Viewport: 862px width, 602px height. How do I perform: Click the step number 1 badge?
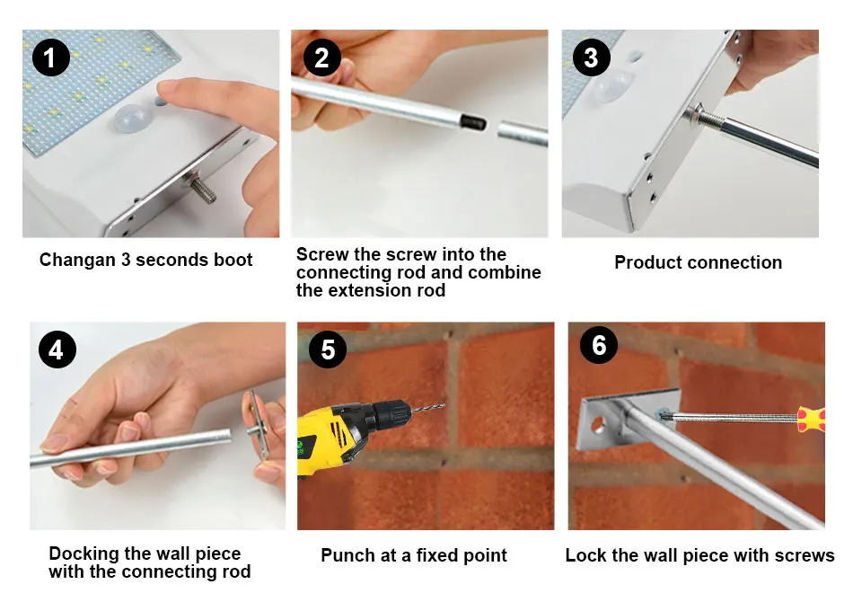(50, 58)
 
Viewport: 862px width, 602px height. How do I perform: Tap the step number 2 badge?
(321, 58)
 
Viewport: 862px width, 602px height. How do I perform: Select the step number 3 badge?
(591, 58)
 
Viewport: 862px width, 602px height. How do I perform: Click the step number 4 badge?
(57, 350)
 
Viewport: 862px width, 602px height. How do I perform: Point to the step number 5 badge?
(328, 350)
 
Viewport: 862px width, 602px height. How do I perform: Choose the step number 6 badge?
(599, 345)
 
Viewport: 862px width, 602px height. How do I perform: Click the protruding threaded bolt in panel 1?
(202, 188)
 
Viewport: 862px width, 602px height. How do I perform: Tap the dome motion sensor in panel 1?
(133, 119)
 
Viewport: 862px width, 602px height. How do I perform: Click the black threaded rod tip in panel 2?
(474, 121)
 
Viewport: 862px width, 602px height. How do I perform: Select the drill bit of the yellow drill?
(427, 408)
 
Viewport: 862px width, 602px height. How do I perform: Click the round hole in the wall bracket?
(596, 425)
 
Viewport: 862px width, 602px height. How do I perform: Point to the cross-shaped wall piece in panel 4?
(258, 424)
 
